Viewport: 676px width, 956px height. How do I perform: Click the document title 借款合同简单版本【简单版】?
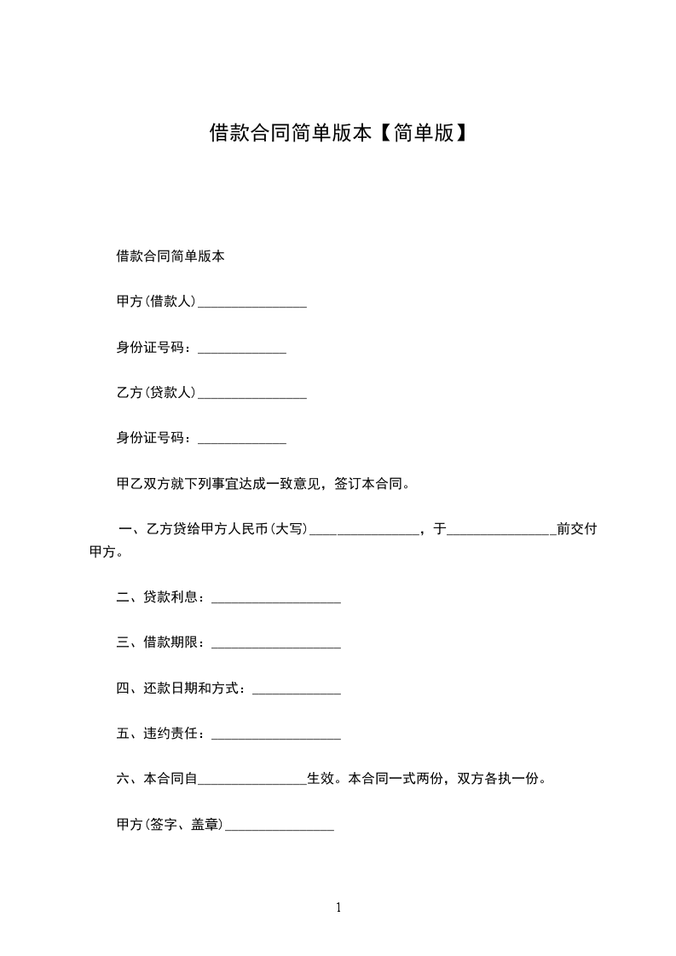pyautogui.click(x=338, y=133)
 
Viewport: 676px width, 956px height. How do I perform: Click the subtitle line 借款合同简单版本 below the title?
pyautogui.click(x=170, y=256)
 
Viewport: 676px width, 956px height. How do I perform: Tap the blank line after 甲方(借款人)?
pyautogui.click(x=251, y=303)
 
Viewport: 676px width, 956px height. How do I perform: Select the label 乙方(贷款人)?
pyautogui.click(x=156, y=393)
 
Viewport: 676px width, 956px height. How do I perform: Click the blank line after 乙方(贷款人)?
pyautogui.click(x=251, y=395)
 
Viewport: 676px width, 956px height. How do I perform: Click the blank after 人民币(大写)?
pyautogui.click(x=363, y=532)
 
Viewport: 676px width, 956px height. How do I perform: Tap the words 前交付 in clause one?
pyautogui.click(x=577, y=530)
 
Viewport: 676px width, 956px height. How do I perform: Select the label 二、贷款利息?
pyautogui.click(x=159, y=597)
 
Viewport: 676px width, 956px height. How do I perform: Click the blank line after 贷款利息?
pyautogui.click(x=275, y=601)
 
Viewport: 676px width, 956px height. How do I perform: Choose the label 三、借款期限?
pyautogui.click(x=159, y=642)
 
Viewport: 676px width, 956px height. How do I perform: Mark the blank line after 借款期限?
pyautogui.click(x=275, y=646)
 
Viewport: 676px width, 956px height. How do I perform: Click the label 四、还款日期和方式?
pyautogui.click(x=181, y=688)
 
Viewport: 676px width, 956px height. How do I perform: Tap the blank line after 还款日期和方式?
pyautogui.click(x=297, y=691)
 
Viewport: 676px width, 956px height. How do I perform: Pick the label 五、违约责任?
pyautogui.click(x=159, y=733)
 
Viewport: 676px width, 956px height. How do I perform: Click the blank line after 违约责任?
pyautogui.click(x=275, y=736)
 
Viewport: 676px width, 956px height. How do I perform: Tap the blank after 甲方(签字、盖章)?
pyautogui.click(x=279, y=826)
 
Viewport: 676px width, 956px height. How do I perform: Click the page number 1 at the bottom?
pyautogui.click(x=338, y=908)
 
